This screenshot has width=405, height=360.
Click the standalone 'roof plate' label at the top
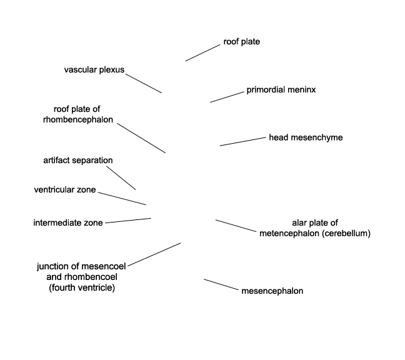(x=241, y=42)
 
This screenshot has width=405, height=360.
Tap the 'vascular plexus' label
(x=94, y=70)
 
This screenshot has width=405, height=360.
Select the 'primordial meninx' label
(x=281, y=90)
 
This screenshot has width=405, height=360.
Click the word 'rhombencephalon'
(x=78, y=120)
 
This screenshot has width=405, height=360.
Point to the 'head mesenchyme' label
(x=306, y=137)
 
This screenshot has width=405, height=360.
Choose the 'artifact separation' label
(x=78, y=161)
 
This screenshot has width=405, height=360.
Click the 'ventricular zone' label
(x=65, y=190)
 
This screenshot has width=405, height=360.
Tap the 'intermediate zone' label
(x=68, y=223)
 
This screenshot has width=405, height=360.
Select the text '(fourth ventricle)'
(x=82, y=287)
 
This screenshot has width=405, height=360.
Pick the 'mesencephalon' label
(x=272, y=291)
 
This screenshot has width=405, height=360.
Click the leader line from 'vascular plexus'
(x=144, y=83)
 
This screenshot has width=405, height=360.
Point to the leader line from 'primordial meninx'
(x=227, y=97)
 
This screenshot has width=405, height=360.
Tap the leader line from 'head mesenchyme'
(x=242, y=142)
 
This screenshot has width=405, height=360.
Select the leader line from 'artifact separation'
(x=121, y=178)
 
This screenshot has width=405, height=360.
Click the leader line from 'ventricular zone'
(x=122, y=199)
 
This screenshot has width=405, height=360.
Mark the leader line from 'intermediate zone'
(x=128, y=221)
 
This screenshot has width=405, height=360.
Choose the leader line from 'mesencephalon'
(x=221, y=284)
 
